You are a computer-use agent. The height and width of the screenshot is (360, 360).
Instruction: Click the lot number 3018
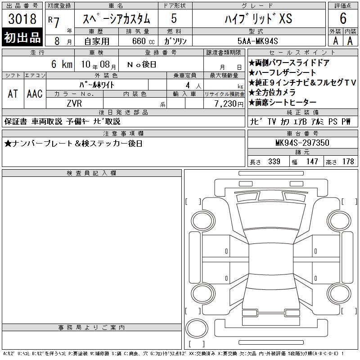click(22, 18)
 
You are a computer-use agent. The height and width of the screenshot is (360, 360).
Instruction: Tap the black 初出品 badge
click(22, 37)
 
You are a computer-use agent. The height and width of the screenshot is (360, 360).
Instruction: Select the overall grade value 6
click(343, 18)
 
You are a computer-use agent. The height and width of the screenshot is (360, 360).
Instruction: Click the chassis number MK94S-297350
click(302, 143)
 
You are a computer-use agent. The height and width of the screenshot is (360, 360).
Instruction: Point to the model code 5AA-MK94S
click(257, 41)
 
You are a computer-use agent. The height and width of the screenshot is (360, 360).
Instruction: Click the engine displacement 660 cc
click(143, 41)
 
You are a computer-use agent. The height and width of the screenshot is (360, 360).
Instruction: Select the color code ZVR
click(74, 103)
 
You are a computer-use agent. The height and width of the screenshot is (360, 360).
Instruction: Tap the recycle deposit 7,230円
click(229, 104)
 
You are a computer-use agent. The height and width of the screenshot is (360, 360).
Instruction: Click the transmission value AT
click(13, 94)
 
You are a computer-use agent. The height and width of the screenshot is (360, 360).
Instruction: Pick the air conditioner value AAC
click(35, 94)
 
